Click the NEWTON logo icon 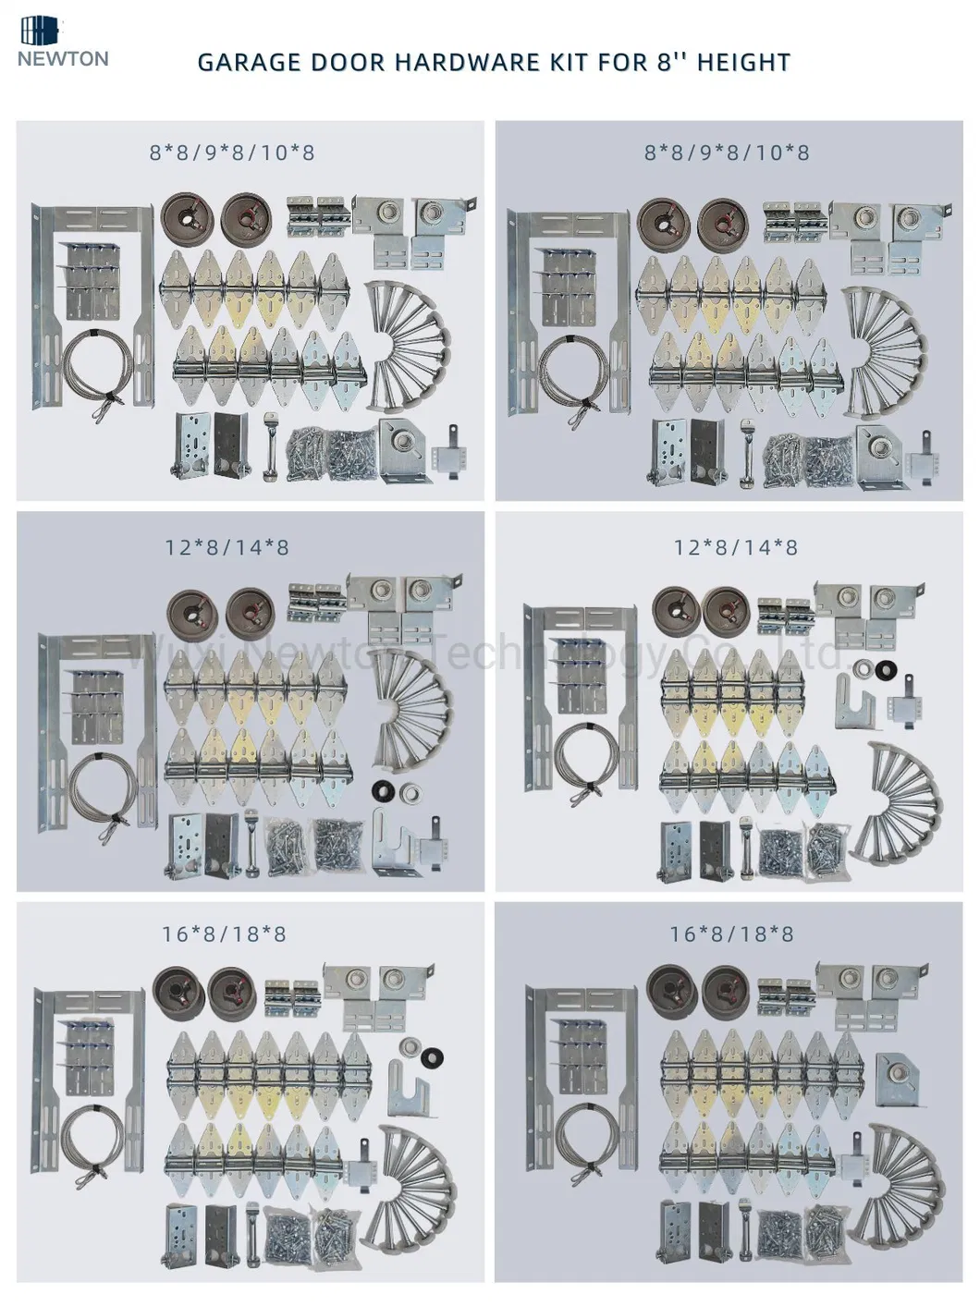pyautogui.click(x=39, y=30)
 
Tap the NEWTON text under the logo pyautogui.click(x=62, y=59)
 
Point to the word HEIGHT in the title pyautogui.click(x=743, y=63)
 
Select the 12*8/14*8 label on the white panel pyautogui.click(x=735, y=547)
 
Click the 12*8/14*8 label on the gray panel pyautogui.click(x=227, y=547)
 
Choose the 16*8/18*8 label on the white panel pyautogui.click(x=224, y=934)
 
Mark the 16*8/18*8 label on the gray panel pyautogui.click(x=731, y=934)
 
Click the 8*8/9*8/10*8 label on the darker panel pyautogui.click(x=727, y=152)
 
